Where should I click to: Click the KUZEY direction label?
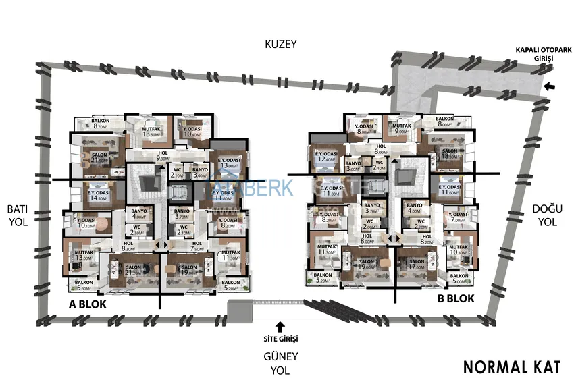tap(281, 45)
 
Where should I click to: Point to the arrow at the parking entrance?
tap(549, 86)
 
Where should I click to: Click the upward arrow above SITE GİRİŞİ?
tap(280, 325)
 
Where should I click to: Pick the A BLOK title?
tap(88, 304)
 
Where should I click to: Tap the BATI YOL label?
tap(16, 215)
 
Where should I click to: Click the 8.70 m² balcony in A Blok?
tap(101, 124)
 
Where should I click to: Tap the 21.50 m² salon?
tap(99, 157)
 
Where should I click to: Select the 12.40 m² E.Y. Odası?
tap(325, 157)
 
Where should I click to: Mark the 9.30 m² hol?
tap(161, 156)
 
